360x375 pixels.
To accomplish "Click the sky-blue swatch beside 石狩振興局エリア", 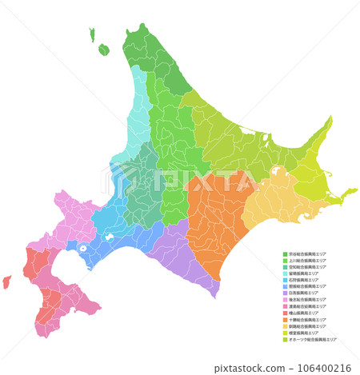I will point(285,280).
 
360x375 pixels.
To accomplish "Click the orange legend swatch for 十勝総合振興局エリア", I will point(285,319).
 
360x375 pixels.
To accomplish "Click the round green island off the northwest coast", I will point(104,50).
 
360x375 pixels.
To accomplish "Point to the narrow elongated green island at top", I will point(94,34).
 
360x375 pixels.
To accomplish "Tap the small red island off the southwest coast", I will point(7,281).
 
